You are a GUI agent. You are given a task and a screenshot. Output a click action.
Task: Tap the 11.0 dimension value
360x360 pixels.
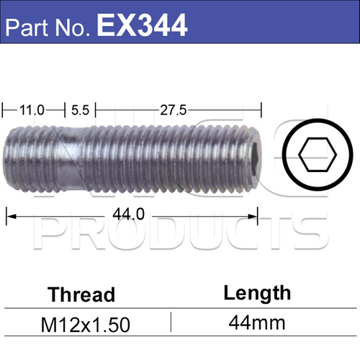[x=32, y=110]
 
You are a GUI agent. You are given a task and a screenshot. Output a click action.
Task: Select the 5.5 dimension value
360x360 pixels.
[x=80, y=110]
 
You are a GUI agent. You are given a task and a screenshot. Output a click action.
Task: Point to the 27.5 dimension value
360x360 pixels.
[x=173, y=110]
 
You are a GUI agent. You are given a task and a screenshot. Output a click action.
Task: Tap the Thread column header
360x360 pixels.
[x=81, y=294]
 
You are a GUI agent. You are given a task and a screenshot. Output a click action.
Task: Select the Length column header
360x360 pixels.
[x=257, y=292]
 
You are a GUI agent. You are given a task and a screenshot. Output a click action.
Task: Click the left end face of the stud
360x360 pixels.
[x=7, y=155]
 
